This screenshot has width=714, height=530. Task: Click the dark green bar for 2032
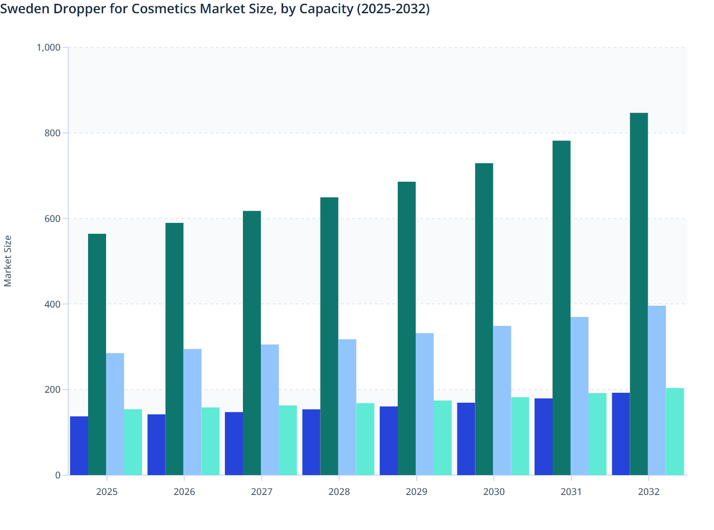[639, 294]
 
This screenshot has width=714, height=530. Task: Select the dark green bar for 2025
[97, 354]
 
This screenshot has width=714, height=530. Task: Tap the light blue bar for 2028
[347, 407]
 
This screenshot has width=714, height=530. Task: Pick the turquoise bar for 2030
[520, 436]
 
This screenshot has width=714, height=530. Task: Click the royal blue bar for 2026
[156, 445]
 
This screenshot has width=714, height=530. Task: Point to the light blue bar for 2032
[657, 390]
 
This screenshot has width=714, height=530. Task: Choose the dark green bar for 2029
[406, 328]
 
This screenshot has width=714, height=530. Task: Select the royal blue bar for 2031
[543, 437]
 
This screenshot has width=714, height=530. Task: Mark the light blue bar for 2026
[192, 412]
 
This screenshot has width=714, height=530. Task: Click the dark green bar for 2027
[251, 343]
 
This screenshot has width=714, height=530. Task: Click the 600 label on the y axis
[53, 219]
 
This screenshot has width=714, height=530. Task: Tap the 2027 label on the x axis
[261, 492]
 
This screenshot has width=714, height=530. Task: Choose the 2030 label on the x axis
[494, 492]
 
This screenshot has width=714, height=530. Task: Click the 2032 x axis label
[649, 492]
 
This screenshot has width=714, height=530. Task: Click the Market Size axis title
[8, 261]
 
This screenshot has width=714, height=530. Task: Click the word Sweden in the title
[21, 9]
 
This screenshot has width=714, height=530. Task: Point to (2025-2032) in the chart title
[393, 9]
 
